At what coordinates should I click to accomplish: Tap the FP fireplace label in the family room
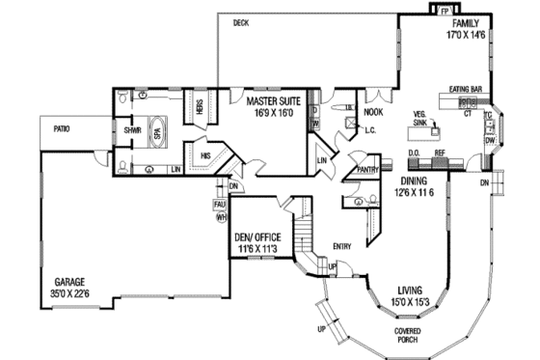[x=445, y=13]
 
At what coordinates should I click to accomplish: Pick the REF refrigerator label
[x=440, y=153]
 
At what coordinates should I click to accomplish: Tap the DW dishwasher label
[x=490, y=141]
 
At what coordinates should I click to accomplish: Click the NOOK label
[x=373, y=112]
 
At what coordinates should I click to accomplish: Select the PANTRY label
[x=367, y=170]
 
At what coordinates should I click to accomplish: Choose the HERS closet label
[x=200, y=108]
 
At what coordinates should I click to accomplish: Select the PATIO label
[x=62, y=127]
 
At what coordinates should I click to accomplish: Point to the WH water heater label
[x=221, y=216]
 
